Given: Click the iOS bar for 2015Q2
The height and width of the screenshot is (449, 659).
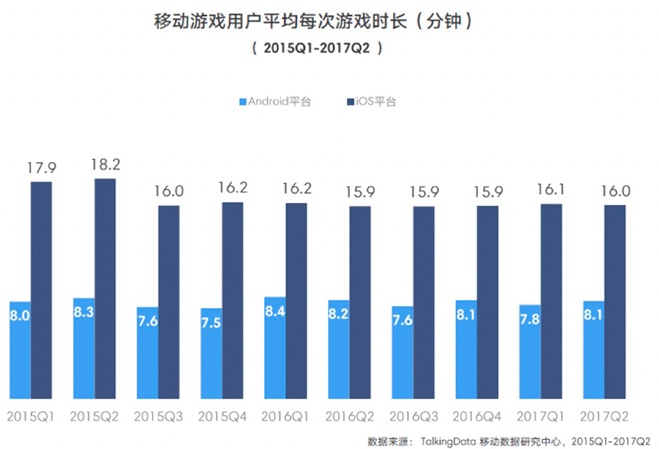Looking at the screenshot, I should pyautogui.click(x=105, y=288).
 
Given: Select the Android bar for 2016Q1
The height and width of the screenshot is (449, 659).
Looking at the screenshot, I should pyautogui.click(x=275, y=348).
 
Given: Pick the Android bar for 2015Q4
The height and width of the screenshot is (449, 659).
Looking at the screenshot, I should pyautogui.click(x=211, y=353).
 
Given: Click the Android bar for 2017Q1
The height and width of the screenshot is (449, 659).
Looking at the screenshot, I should pyautogui.click(x=530, y=351).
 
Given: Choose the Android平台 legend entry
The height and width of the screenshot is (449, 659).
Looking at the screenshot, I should pyautogui.click(x=274, y=101).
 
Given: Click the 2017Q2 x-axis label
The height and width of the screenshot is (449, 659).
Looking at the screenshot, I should pyautogui.click(x=604, y=416).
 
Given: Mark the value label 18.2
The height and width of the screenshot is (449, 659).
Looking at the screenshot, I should pyautogui.click(x=105, y=164).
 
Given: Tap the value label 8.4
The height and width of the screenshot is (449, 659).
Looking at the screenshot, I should pyautogui.click(x=275, y=312).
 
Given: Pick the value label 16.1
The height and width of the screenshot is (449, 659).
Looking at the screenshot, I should pyautogui.click(x=551, y=189).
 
